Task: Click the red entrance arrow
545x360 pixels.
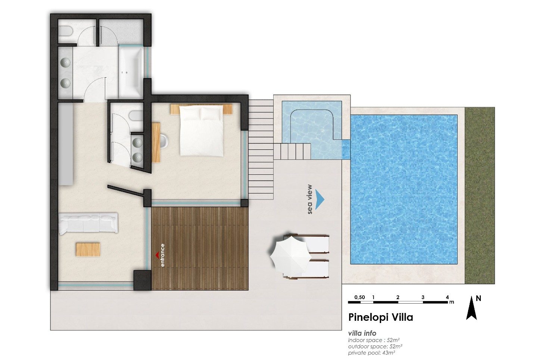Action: pos(157,255)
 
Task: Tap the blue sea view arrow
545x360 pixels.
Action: pos(320,199)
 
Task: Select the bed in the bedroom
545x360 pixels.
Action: pos(201,130)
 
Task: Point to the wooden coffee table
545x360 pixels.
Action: pos(88,249)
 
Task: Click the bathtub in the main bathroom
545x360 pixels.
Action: pos(131,72)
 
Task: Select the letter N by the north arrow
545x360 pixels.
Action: pos(478,298)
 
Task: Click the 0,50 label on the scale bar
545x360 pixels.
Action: pos(359,297)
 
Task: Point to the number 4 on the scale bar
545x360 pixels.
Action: pos(447,297)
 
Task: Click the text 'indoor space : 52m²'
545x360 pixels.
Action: pos(374,340)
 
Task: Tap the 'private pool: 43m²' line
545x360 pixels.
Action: pos(371,353)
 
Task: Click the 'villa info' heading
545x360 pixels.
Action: pos(362,333)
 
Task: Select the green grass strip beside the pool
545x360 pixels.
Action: pos(480,195)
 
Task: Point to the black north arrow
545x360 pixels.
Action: pos(471,308)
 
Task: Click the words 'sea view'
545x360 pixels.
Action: pos(309,199)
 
